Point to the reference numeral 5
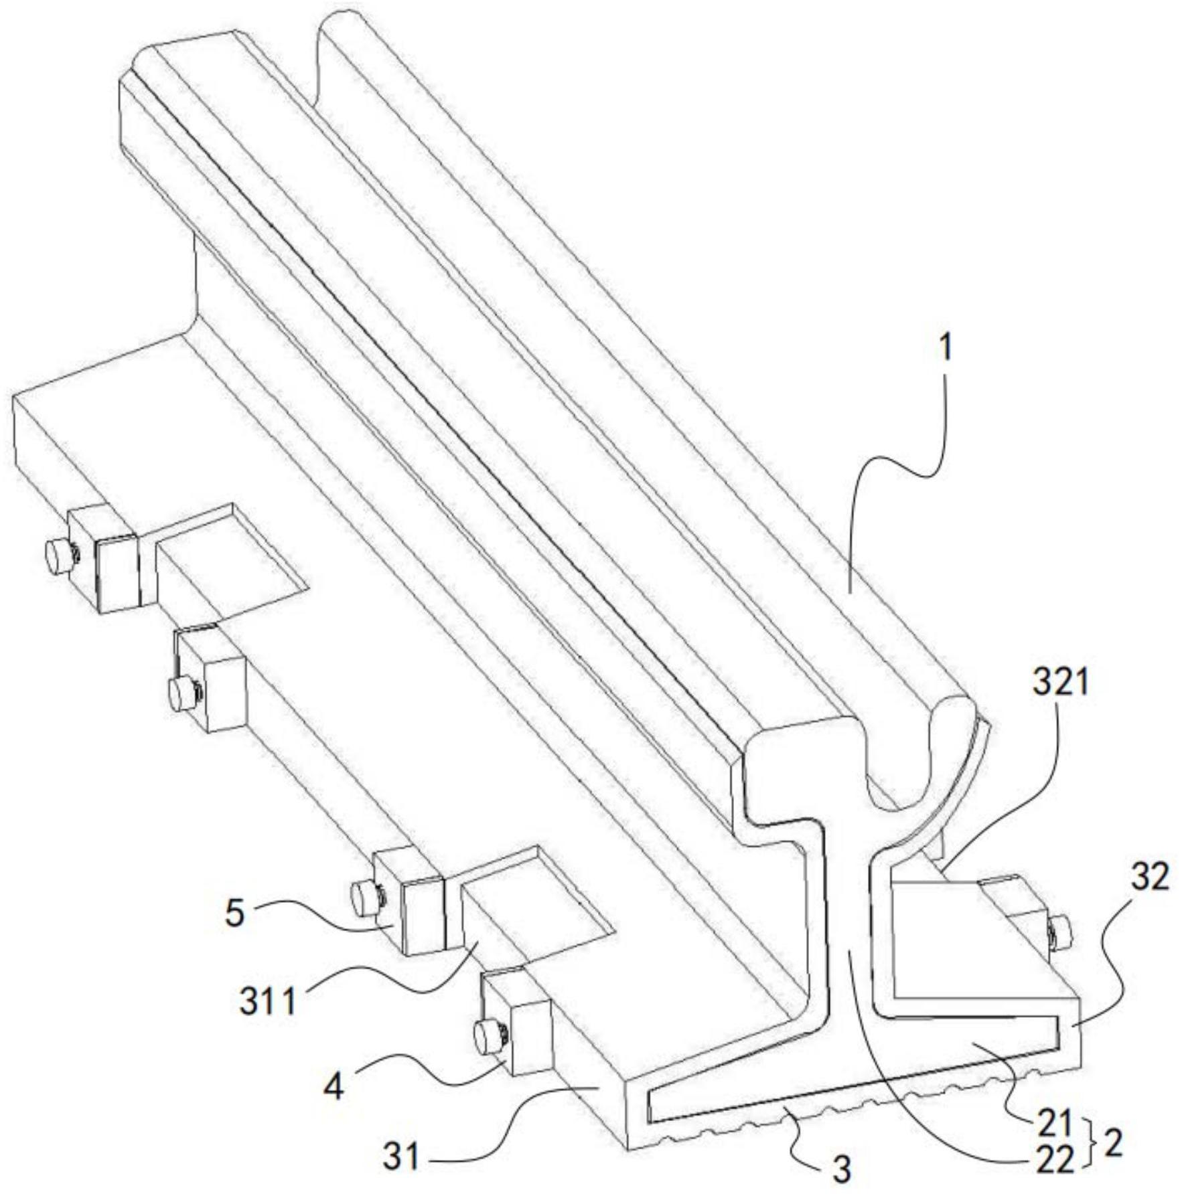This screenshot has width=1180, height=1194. click(234, 914)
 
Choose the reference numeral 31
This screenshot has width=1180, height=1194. click(402, 1157)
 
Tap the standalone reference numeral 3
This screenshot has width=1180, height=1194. click(842, 1169)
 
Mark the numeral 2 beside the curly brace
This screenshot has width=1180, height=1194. click(1113, 1146)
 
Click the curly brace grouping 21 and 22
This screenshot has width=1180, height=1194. click(1090, 1145)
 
